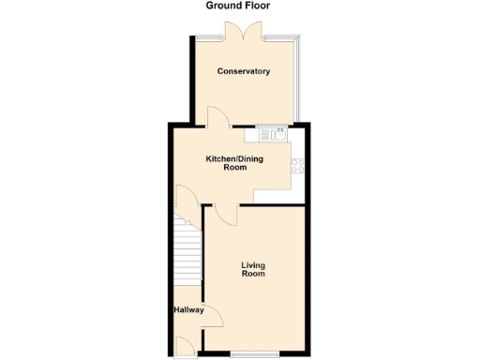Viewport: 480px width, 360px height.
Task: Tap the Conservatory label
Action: pyautogui.click(x=244, y=71)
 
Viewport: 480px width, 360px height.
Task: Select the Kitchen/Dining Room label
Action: pyautogui.click(x=234, y=163)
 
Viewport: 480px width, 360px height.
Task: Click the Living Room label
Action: pyautogui.click(x=252, y=269)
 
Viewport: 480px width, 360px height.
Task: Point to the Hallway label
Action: pyautogui.click(x=187, y=308)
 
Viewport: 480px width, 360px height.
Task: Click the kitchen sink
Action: pyautogui.click(x=278, y=133)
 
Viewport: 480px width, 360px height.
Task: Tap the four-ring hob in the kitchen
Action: pyautogui.click(x=298, y=167)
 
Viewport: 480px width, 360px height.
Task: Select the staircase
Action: pyautogui.click(x=188, y=253)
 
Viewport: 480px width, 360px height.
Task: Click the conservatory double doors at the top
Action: pyautogui.click(x=243, y=30)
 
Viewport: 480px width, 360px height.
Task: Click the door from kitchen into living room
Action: pyautogui.click(x=225, y=215)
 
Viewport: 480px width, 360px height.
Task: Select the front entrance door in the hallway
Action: pyautogui.click(x=186, y=348)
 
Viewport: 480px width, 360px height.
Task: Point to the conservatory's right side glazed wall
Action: pyautogui.click(x=299, y=81)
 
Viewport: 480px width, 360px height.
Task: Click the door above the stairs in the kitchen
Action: pyautogui.click(x=184, y=200)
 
